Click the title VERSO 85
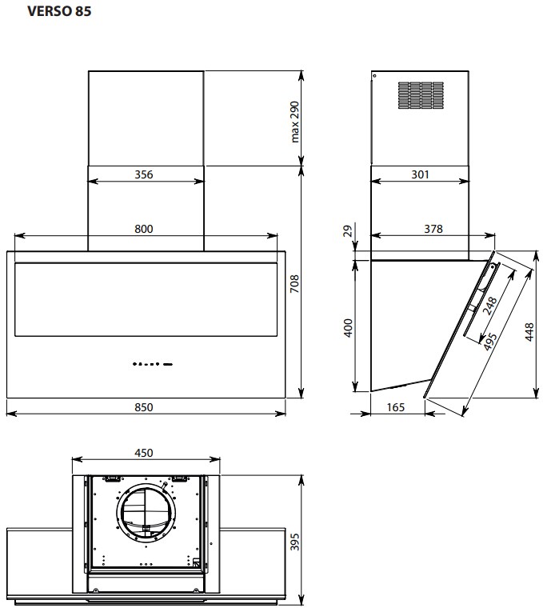59,11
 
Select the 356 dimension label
144,174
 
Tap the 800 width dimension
144,229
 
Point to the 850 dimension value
144,407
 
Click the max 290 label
295,122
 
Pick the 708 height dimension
295,284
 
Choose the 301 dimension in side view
420,174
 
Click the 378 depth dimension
433,229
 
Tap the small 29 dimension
348,230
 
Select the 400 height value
348,328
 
